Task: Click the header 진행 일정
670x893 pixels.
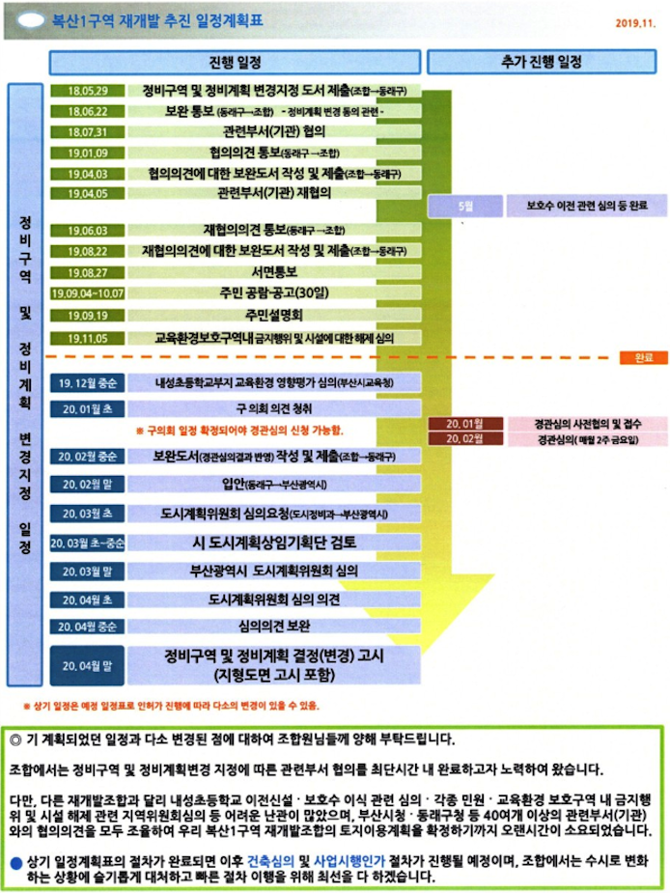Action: [x=235, y=62]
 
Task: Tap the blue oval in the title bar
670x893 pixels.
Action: [x=30, y=18]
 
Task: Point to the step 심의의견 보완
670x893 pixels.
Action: [x=273, y=625]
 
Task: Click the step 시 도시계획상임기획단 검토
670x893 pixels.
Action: [x=275, y=542]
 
